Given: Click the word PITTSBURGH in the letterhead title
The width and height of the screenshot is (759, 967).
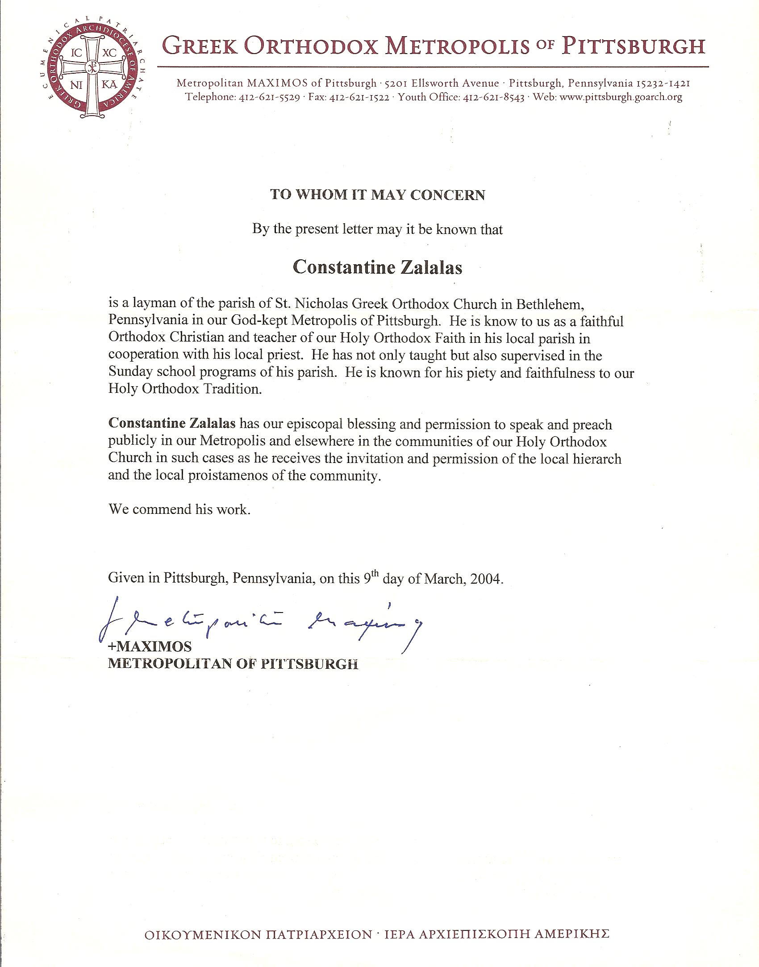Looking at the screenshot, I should [633, 46].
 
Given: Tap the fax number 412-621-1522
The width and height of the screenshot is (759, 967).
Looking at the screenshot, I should [359, 97].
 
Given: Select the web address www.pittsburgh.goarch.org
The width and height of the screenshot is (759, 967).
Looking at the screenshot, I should [621, 97].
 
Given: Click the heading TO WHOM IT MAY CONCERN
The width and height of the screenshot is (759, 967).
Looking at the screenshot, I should [377, 195].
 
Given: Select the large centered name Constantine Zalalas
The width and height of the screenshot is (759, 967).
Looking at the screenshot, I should [377, 267].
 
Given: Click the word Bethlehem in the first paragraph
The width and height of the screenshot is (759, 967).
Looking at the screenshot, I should [550, 304].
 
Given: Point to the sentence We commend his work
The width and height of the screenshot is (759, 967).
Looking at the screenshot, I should [179, 509].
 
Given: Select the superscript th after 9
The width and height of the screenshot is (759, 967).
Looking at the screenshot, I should [375, 573].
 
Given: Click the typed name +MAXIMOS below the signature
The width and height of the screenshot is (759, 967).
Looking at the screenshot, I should [150, 646].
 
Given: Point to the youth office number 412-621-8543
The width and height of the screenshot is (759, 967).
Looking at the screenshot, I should [495, 97].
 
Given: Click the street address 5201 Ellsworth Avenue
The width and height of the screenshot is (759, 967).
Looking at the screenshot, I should [442, 83].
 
